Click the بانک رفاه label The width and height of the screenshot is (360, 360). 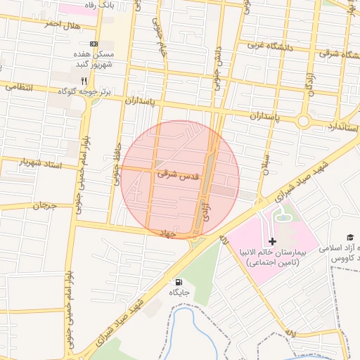pyautogui.click(x=98, y=5)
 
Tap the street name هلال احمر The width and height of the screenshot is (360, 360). pyautogui.click(x=62, y=25)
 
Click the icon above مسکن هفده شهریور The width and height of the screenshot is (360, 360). pyautogui.click(x=94, y=44)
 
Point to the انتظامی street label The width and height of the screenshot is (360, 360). pyautogui.click(x=19, y=86)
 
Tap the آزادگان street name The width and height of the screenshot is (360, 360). pyautogui.click(x=309, y=83)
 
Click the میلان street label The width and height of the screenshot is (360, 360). pyautogui.click(x=266, y=163)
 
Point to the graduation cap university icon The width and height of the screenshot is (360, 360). pyautogui.click(x=349, y=238)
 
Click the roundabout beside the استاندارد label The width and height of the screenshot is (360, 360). pyautogui.click(x=303, y=121)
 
